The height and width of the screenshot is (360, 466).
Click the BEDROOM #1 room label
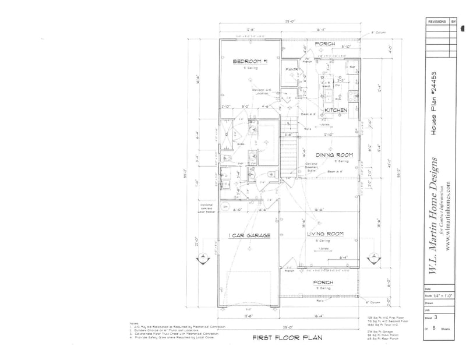click(x=249, y=61)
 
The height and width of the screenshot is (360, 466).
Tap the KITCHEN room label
click(x=336, y=110)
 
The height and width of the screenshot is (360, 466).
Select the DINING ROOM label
click(x=332, y=155)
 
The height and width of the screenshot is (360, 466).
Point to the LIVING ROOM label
click(x=324, y=234)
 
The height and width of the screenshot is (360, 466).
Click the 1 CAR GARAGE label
click(x=250, y=235)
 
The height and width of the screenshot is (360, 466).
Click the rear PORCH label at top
click(x=324, y=44)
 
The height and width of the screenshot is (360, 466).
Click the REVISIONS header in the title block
click(x=437, y=21)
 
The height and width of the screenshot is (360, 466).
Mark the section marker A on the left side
click(x=202, y=257)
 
